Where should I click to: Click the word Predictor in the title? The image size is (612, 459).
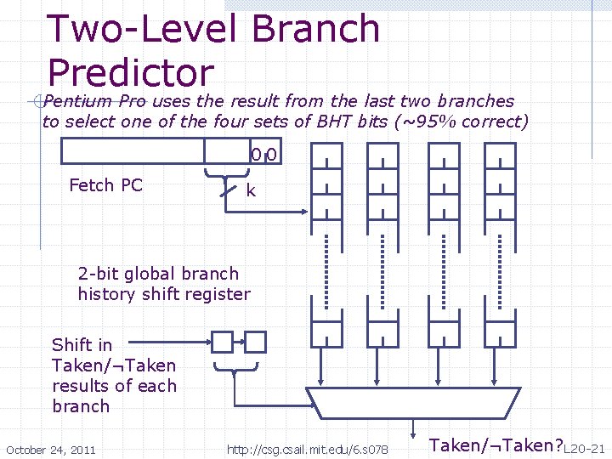131,72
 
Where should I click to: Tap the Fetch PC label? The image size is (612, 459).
105,185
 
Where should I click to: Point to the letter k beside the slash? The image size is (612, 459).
251,190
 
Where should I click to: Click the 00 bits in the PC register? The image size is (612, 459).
263,155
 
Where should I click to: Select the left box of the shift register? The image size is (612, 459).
222,342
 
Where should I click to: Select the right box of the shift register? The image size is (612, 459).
256,342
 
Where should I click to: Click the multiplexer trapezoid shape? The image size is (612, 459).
413,403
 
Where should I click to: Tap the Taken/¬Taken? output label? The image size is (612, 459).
496,445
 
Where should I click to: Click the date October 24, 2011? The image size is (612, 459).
51,450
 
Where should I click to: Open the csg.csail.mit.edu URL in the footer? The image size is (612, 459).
308,450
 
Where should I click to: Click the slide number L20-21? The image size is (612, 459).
584,450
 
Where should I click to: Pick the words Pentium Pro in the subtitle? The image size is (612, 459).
94,101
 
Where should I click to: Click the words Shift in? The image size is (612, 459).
82,345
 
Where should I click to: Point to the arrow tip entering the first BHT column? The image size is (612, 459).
307,212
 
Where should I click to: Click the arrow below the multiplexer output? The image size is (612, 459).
413,429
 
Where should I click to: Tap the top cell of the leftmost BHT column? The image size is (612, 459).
326,156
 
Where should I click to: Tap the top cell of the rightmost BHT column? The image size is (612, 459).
500,156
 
